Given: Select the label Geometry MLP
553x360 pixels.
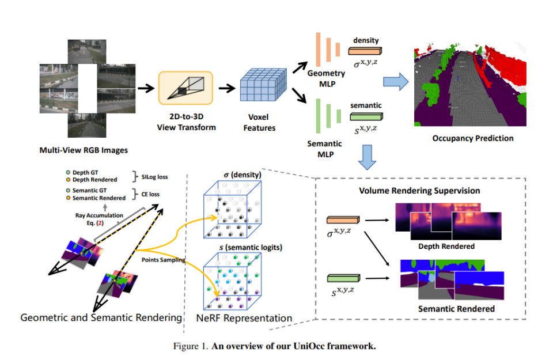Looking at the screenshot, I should [325, 77].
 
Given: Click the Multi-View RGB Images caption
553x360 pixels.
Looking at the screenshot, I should [84, 150].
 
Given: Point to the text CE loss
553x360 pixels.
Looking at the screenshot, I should [151, 194].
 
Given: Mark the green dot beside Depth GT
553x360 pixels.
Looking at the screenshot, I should [68, 172].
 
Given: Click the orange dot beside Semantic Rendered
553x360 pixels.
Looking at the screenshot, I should [68, 198].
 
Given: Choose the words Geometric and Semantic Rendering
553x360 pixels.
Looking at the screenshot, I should [101, 317].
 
